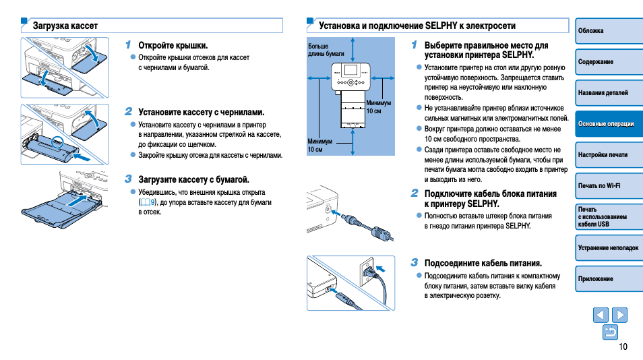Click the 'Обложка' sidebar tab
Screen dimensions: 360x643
coord(608,31)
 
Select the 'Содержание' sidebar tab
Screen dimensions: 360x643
coord(608,62)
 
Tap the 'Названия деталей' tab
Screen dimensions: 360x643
coord(608,93)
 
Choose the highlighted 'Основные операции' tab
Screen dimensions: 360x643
coord(608,124)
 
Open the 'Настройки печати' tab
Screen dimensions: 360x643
coord(608,155)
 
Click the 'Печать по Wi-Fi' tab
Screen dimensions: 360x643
coord(608,185)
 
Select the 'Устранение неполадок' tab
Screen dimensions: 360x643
coord(608,248)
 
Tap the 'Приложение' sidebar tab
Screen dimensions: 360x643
coord(608,278)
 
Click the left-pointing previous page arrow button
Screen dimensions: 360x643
coord(601,315)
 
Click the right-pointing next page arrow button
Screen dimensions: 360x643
coord(619,315)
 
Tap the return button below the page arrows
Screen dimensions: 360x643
coord(610,332)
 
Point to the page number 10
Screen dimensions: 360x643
coord(622,347)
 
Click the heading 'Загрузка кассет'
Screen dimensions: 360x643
coord(65,26)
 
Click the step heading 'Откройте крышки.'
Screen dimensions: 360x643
coord(173,45)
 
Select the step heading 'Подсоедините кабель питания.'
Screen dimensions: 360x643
coord(483,263)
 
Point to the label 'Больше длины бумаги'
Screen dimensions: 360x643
coord(321,50)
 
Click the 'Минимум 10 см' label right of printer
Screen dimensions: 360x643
coord(378,107)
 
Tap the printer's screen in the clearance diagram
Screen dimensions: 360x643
coord(350,70)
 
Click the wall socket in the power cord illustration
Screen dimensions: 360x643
coord(369,270)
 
